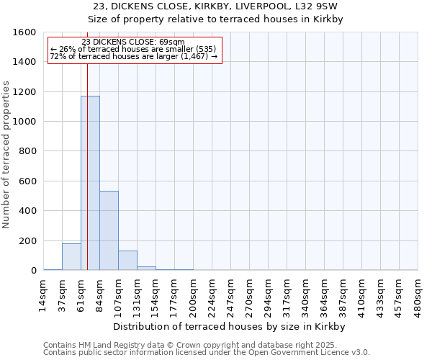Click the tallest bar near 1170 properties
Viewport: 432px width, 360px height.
coord(90,183)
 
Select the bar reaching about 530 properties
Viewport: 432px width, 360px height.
coord(109,230)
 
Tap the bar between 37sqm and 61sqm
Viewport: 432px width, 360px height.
coord(71,257)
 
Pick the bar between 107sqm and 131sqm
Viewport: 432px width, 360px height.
coord(127,261)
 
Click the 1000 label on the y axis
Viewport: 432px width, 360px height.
coord(26,122)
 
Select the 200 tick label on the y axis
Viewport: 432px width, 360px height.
coord(29,241)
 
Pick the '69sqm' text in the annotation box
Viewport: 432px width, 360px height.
coord(173,42)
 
